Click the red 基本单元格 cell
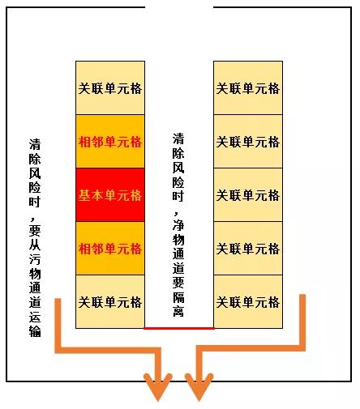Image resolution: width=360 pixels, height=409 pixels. tap(110, 194)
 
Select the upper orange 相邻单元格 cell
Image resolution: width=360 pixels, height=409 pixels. tap(110, 141)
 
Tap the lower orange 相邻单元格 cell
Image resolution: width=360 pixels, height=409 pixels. tap(110, 248)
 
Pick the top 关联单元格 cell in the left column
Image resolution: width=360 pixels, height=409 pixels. tap(110, 88)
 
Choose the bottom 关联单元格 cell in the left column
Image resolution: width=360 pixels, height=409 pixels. tap(110, 301)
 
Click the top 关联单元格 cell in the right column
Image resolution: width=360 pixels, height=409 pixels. tap(248, 88)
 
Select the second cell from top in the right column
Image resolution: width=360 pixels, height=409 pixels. tap(248, 141)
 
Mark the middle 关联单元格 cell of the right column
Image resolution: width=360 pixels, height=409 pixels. tap(248, 194)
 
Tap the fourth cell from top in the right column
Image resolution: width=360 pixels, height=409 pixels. tap(248, 248)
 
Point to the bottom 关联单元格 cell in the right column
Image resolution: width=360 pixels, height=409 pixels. tap(248, 301)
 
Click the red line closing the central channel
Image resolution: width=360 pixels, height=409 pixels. tap(179, 328)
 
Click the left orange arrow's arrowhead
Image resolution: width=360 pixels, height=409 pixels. tap(158, 387)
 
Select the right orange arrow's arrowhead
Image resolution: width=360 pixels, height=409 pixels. tap(199, 387)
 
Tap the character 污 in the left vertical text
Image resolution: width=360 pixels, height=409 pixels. tap(35, 259)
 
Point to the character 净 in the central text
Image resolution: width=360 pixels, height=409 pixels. tap(178, 224)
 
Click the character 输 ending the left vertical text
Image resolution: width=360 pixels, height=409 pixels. tap(35, 331)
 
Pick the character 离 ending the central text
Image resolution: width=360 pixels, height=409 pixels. tap(178, 310)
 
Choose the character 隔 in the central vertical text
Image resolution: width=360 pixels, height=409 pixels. tap(178, 296)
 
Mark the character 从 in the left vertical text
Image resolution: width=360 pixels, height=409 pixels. tap(35, 245)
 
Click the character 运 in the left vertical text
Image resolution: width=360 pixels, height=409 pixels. tap(35, 317)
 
